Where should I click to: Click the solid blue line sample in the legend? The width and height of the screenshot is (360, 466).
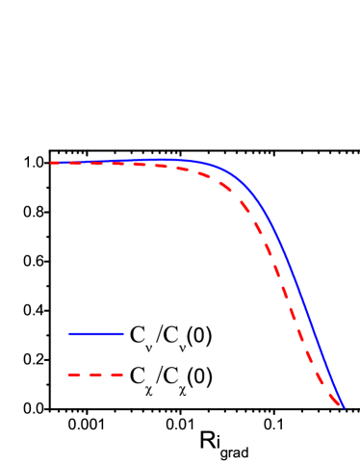[96, 334]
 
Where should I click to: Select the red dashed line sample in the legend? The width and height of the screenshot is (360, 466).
[95, 375]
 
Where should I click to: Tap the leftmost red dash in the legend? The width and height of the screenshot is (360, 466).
[73, 375]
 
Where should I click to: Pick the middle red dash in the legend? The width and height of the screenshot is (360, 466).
[95, 375]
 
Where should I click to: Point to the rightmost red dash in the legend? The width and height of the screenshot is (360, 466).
[116, 375]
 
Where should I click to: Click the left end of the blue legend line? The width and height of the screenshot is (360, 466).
[69, 334]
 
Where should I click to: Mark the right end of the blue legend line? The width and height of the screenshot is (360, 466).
[123, 334]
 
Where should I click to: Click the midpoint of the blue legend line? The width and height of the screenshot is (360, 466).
[96, 334]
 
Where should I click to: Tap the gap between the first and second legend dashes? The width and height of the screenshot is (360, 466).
[84, 375]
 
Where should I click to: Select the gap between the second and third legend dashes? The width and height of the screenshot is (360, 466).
[106, 375]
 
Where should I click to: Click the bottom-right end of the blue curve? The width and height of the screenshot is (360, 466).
[343, 406]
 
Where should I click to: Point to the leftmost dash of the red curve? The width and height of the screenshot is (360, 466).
[56, 163]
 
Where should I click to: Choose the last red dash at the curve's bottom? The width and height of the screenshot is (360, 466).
[336, 401]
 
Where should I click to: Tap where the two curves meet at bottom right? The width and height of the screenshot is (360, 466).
[342, 406]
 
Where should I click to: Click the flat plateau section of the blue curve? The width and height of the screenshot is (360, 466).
[125, 161]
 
